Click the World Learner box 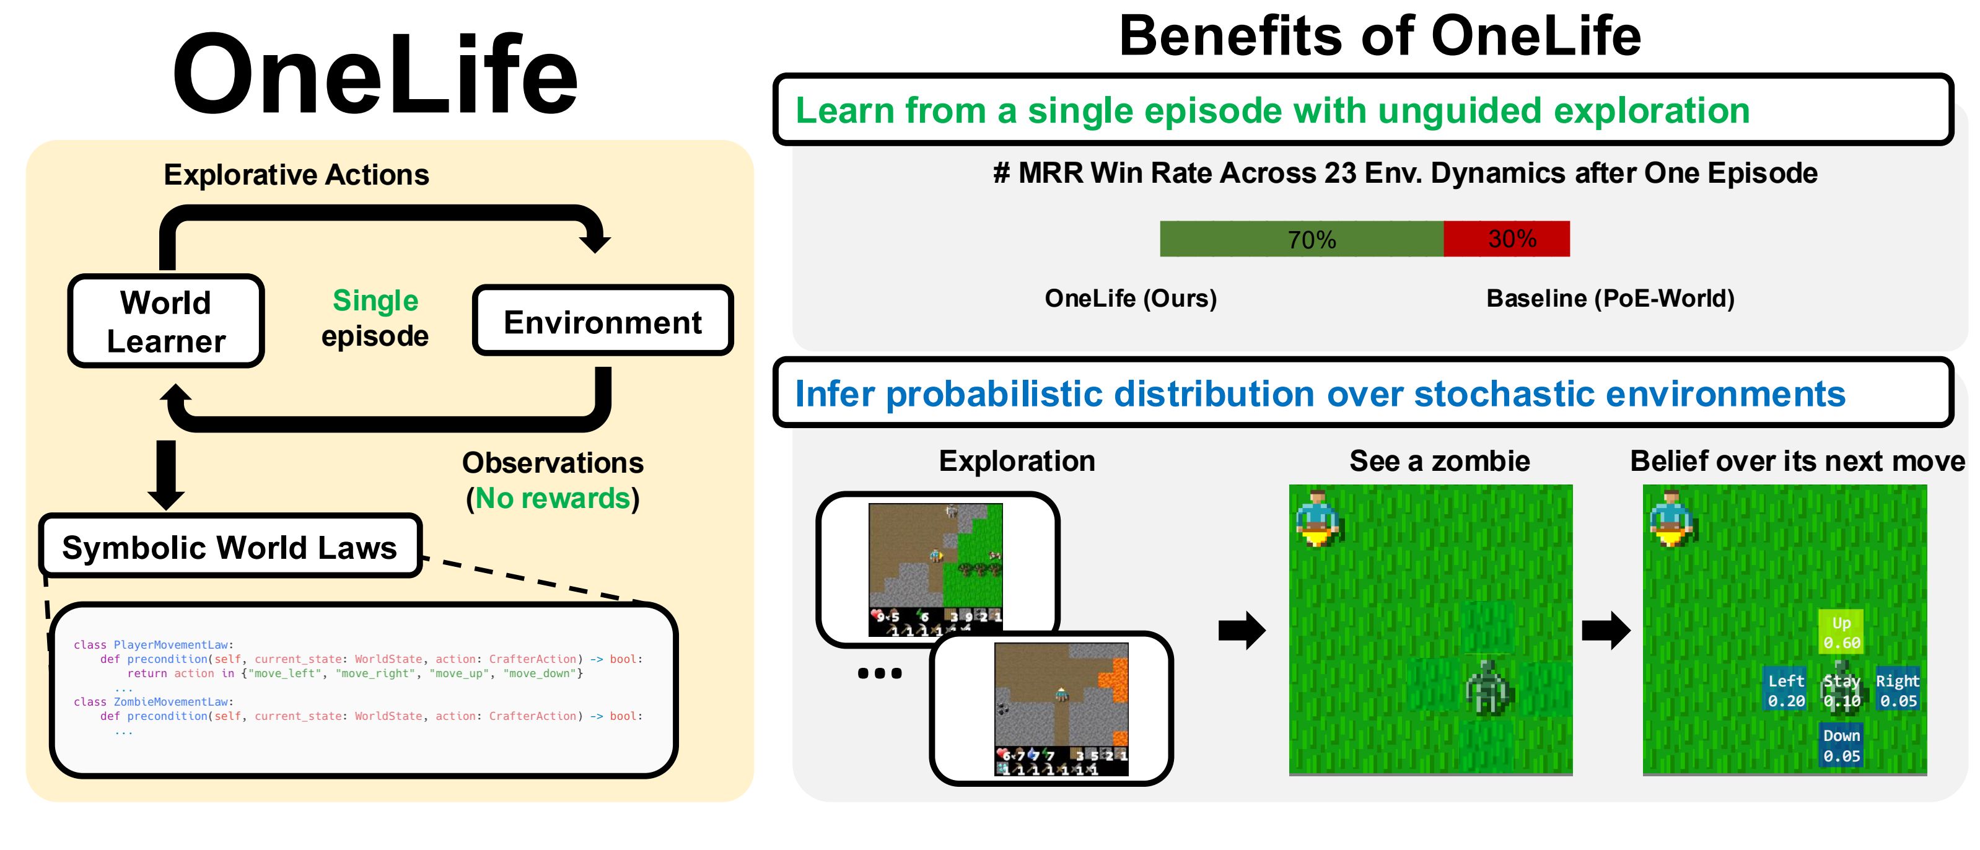point(166,322)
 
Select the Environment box point(603,322)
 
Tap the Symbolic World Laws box point(230,547)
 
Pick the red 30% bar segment point(1507,239)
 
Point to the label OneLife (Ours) point(1131,298)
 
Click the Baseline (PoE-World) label point(1610,298)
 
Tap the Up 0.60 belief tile point(1841,633)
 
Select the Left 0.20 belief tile point(1785,690)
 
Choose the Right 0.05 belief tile point(1898,690)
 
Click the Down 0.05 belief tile point(1841,745)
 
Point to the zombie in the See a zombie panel point(1489,686)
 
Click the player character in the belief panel point(1671,517)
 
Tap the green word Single point(375,300)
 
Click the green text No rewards point(553,499)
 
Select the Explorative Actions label point(296,175)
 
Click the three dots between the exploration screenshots point(879,673)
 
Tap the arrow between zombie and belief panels point(1606,631)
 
